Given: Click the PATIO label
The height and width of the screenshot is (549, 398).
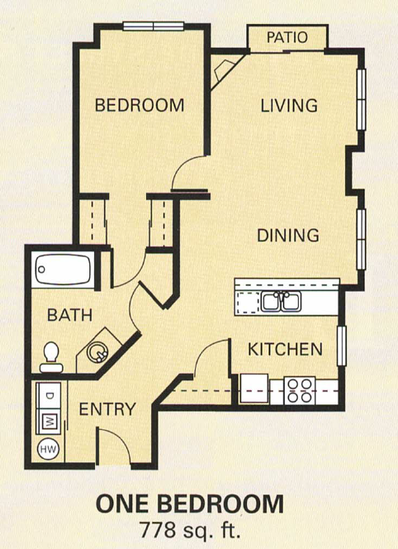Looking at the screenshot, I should pos(287,37).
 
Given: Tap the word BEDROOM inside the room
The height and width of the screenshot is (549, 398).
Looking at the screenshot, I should pos(139,105).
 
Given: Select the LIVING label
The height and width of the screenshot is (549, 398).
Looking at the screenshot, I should pos(289,105).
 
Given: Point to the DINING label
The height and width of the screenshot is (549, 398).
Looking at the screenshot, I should pos(287,235).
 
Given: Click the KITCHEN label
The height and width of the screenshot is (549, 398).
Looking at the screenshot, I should pos(285,349).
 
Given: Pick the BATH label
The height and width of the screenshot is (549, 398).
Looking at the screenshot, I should pos(69,315).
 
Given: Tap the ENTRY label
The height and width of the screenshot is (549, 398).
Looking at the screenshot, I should pos(107,408).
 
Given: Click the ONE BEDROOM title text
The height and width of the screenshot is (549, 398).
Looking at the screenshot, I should pos(190,504).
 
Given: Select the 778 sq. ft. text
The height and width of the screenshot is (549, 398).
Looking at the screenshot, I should pos(190,528).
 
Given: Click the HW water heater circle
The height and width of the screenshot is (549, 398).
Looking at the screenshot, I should pos(47,449).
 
